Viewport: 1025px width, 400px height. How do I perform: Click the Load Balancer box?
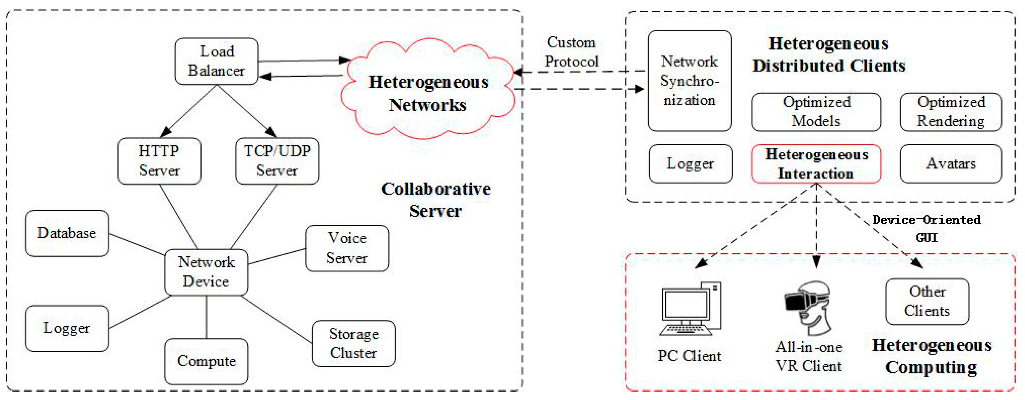tap(217, 61)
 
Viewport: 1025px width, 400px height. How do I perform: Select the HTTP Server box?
tap(159, 161)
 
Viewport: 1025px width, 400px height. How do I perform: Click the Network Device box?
tap(206, 272)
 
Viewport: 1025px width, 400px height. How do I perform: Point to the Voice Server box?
tap(347, 248)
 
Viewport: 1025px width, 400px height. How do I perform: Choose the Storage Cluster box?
tap(354, 344)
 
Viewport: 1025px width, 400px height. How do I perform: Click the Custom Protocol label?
tap(571, 52)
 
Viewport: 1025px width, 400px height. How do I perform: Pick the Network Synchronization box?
tap(690, 81)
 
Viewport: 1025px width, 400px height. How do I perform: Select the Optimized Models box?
tap(816, 112)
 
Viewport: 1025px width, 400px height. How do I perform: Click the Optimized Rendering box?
tap(951, 112)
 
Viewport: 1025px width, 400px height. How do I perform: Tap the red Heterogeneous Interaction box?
tap(816, 164)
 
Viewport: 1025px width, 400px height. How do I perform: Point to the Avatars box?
tap(951, 164)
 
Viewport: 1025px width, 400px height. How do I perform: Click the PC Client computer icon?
tap(690, 308)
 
